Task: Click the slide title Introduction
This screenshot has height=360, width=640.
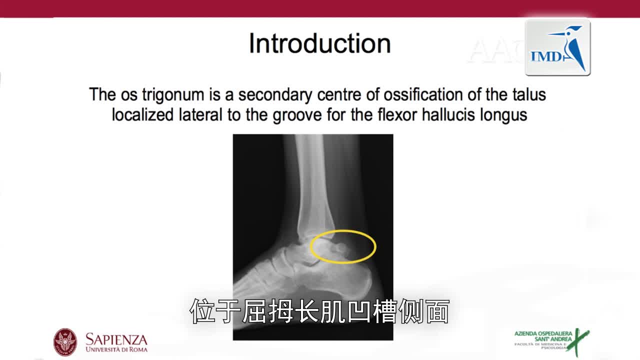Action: tap(319, 43)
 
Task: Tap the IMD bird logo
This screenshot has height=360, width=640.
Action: tap(557, 47)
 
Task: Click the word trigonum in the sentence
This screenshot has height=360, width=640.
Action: tap(173, 95)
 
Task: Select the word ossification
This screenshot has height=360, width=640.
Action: tap(423, 94)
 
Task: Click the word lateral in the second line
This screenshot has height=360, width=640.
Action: tap(200, 115)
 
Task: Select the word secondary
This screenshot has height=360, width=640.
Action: tap(275, 95)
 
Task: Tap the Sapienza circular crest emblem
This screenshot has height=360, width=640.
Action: tap(65, 342)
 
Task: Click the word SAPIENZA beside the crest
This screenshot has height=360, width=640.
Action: tap(116, 339)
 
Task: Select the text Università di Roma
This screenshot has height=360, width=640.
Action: tap(116, 349)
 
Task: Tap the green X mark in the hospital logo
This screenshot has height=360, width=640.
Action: tap(577, 342)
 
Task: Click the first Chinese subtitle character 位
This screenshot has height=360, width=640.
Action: tap(202, 311)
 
